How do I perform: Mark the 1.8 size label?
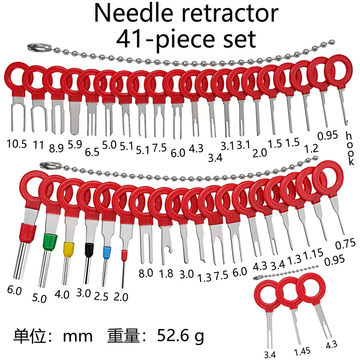point(167,273)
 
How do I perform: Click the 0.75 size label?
point(345,245)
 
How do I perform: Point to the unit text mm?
point(77,336)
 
